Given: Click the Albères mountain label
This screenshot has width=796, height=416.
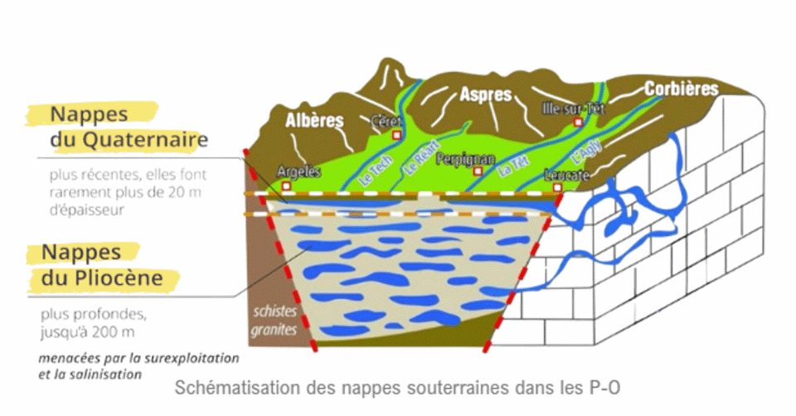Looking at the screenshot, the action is click(x=314, y=121).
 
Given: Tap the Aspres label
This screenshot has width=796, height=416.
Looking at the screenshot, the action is click(x=486, y=94).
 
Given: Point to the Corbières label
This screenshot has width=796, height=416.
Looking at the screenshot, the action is click(x=682, y=89).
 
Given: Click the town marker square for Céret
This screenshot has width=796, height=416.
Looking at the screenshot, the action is click(x=397, y=135).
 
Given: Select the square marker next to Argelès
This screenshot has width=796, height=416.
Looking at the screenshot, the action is click(x=286, y=186).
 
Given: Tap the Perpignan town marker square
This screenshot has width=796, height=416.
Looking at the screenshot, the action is click(x=478, y=172).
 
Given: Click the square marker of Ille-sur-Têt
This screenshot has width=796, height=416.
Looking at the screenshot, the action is click(x=578, y=122).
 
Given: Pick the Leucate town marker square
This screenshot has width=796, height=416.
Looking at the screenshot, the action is click(x=557, y=188).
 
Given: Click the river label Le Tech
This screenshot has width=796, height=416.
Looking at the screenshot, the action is click(x=376, y=171).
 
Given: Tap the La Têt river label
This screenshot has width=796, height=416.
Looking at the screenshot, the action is click(x=513, y=167).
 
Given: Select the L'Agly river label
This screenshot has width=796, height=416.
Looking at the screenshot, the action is click(x=586, y=151).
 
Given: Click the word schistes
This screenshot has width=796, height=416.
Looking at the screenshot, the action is click(x=274, y=311).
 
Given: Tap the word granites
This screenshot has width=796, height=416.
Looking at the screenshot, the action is click(x=274, y=330).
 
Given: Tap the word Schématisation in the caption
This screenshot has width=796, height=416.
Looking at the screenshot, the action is click(x=237, y=388).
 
